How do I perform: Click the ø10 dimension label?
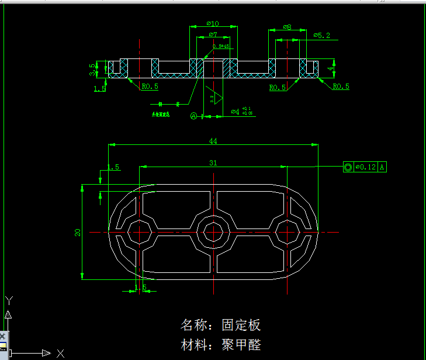tap(213, 24)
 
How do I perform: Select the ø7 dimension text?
tap(213, 35)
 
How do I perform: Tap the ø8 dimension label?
tap(287, 27)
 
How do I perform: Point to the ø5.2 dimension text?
tap(321, 36)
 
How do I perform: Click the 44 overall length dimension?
tap(213, 141)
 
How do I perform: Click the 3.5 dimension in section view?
tap(92, 70)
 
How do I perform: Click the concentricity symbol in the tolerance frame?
tap(348, 167)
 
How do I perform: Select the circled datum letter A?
tap(194, 116)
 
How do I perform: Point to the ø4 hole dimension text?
tap(235, 111)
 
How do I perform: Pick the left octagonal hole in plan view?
tap(140, 232)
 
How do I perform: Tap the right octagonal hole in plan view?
tap(287, 232)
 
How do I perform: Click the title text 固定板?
tap(241, 325)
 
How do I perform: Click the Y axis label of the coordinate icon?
tap(9, 300)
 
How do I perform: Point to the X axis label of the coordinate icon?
tap(60, 353)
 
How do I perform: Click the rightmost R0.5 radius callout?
tap(341, 86)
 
